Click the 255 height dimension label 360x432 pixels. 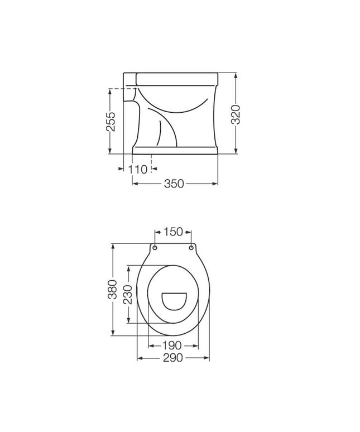click(x=111, y=121)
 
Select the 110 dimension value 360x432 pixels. click(x=138, y=169)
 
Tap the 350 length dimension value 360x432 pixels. click(x=174, y=184)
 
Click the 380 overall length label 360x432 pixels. click(x=112, y=290)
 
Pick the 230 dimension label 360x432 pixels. click(x=127, y=294)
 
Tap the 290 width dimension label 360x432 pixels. click(x=173, y=359)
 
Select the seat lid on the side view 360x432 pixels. click(x=176, y=75)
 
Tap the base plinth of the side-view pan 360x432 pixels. click(x=175, y=150)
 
